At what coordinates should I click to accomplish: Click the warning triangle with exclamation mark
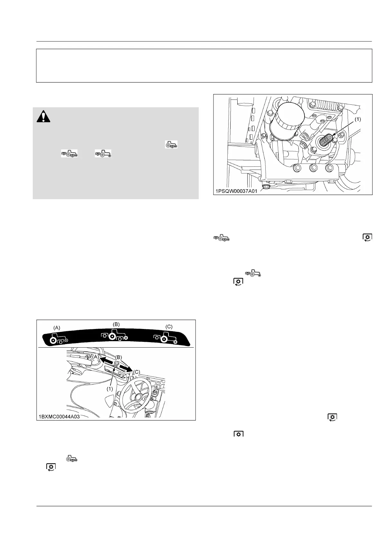[43, 116]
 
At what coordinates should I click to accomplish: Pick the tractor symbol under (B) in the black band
[114, 335]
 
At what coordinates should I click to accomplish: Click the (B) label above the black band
[116, 324]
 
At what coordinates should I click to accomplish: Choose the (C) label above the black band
[169, 326]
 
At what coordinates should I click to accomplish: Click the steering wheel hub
[139, 397]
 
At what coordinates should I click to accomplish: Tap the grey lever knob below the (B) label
[117, 363]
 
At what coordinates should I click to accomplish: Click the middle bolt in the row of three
[312, 168]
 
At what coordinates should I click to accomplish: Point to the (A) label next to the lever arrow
[96, 357]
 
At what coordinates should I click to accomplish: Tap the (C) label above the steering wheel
[137, 372]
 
